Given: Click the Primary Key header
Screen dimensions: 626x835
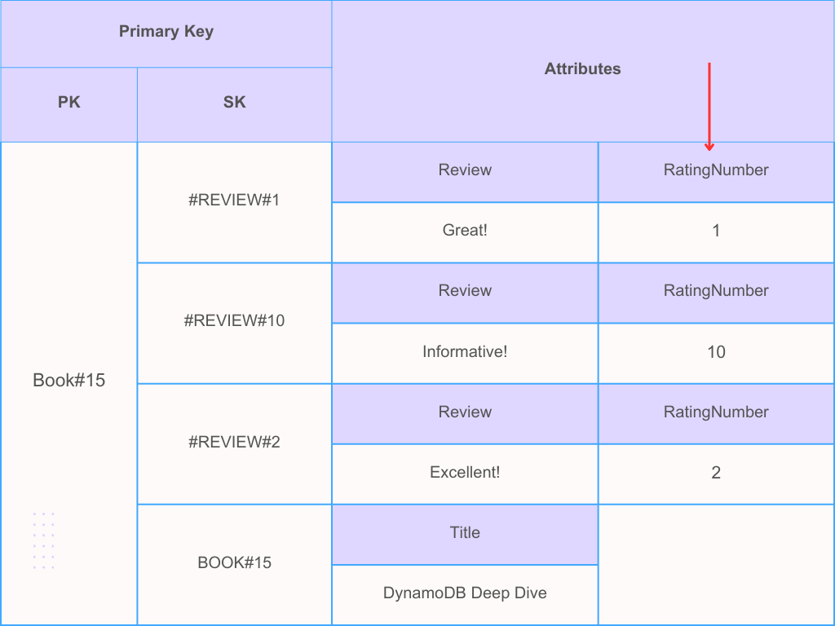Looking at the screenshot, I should pos(166,32).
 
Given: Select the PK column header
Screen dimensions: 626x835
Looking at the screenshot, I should pos(69,103).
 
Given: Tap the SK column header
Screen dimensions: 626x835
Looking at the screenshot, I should pos(234,103).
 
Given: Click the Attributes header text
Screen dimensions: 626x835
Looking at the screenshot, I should pos(582,69).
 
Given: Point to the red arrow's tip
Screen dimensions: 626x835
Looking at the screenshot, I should pos(709,149).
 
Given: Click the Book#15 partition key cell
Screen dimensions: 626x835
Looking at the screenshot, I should pos(69,380).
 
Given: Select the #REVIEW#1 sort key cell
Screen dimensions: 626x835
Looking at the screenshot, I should pos(234,200).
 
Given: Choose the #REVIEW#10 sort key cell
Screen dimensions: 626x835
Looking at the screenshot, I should pos(234,320).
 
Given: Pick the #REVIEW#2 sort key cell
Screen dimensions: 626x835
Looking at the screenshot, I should pos(234,442).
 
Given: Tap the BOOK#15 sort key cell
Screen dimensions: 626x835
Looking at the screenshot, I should pos(234,562).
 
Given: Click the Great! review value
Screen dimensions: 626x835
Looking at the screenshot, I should pos(465,231).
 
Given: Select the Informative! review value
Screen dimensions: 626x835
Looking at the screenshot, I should pos(465,352).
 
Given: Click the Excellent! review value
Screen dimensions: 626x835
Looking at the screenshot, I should pos(465,473).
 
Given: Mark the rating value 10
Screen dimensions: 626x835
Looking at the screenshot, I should pos(716,352).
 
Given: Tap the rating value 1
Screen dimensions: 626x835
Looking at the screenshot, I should pos(716,231).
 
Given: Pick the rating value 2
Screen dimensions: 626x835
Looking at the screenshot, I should pos(716,473).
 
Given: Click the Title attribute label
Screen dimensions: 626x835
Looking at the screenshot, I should pos(465,532).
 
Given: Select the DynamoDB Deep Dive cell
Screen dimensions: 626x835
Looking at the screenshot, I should pos(465,593).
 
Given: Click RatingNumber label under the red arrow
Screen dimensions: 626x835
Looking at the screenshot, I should pos(716,170).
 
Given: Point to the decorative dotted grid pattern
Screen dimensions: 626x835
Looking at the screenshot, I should pos(43,540).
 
